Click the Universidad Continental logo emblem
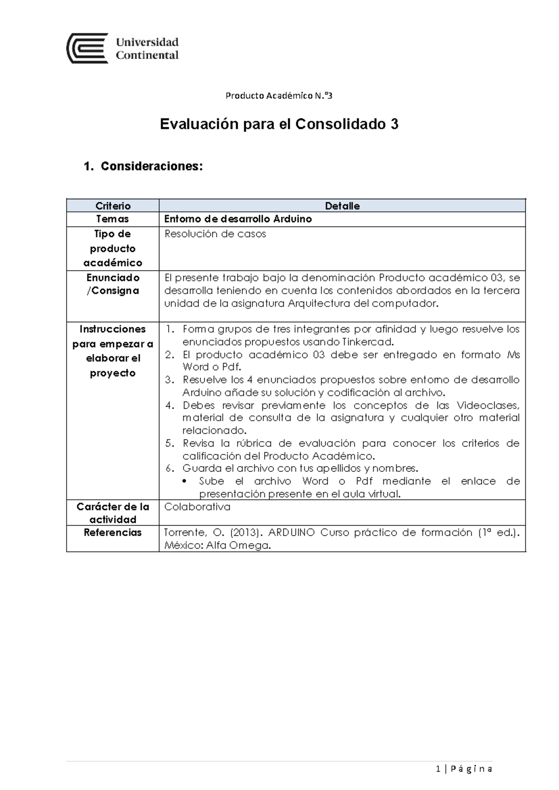(88, 48)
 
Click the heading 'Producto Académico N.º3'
(279, 96)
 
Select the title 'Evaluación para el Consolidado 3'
(279, 124)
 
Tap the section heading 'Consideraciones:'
(151, 166)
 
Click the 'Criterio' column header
(113, 206)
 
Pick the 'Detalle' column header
(342, 206)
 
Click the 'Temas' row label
(112, 219)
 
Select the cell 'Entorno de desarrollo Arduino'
(238, 219)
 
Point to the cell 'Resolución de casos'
(215, 234)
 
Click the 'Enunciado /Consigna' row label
(113, 284)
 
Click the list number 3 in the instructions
(169, 380)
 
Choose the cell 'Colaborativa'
(197, 507)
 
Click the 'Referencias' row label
(113, 532)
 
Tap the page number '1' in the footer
(438, 769)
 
